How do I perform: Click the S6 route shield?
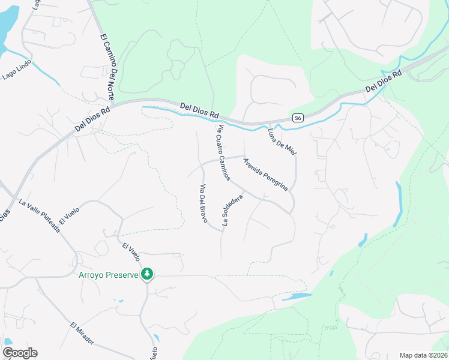(x=297, y=118)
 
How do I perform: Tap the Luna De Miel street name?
(x=282, y=140)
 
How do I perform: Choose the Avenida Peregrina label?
(x=265, y=174)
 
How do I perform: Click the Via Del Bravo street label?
(x=203, y=203)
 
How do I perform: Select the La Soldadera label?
(x=233, y=209)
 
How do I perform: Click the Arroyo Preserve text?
(x=109, y=275)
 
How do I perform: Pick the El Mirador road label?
(x=82, y=333)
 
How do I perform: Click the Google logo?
(x=20, y=353)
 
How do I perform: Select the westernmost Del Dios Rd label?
(x=93, y=119)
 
